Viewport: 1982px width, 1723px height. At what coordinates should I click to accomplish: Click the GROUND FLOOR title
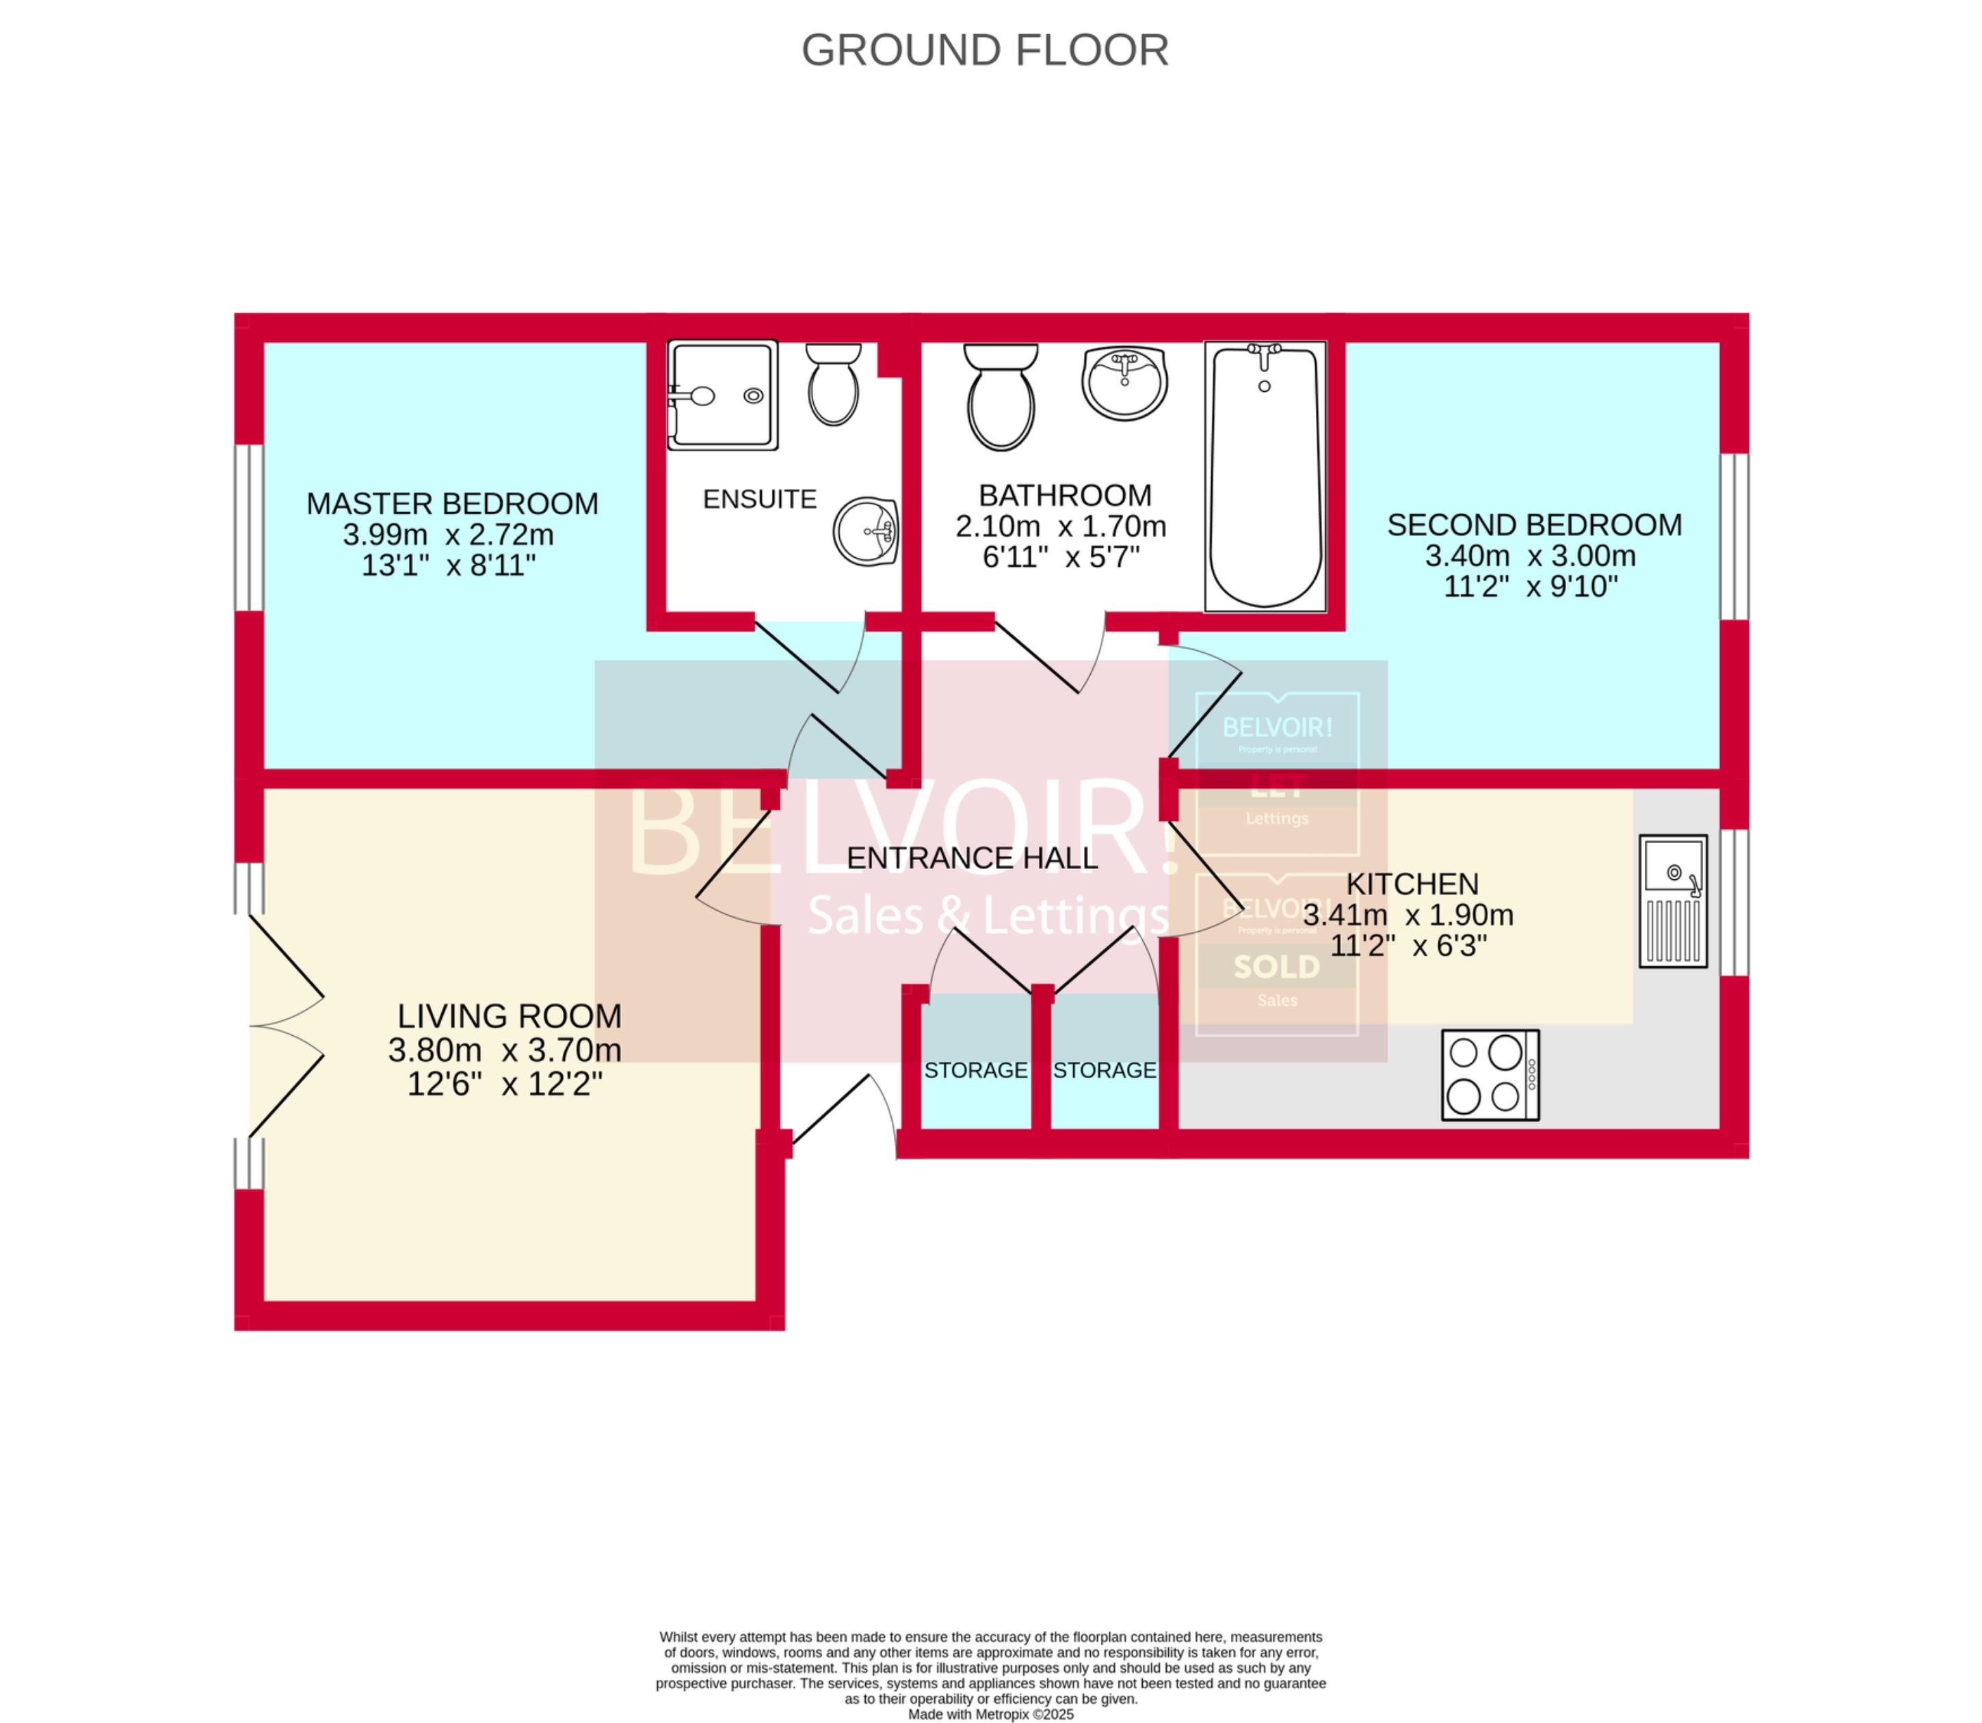[x=985, y=50]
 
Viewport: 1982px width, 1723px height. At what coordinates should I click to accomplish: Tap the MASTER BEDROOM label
[x=452, y=504]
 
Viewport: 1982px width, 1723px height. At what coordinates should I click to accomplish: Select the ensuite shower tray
[x=722, y=395]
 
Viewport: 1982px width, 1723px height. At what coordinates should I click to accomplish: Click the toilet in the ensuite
[x=833, y=384]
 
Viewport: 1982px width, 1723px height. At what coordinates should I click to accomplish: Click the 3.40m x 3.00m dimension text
[x=1530, y=556]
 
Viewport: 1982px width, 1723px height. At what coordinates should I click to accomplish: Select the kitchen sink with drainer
[x=1674, y=901]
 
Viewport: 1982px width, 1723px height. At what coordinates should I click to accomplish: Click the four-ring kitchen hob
[x=1490, y=1075]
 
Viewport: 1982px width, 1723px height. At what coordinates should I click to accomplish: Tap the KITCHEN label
[x=1412, y=883]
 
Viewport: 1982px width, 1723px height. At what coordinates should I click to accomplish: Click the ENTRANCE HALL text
[x=971, y=857]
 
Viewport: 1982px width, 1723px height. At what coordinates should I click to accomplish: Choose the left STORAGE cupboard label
[x=975, y=1070]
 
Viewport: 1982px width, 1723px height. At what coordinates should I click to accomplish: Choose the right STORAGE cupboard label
[x=1104, y=1070]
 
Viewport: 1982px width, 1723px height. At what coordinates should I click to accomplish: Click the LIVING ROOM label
[x=509, y=1016]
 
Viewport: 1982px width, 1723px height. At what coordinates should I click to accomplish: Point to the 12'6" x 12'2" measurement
[x=505, y=1084]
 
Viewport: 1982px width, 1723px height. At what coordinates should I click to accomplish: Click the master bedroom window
[x=249, y=528]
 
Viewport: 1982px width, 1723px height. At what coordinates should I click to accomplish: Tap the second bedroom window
[x=1734, y=537]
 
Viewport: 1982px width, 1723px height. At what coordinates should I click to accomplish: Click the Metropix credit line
[x=990, y=1714]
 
